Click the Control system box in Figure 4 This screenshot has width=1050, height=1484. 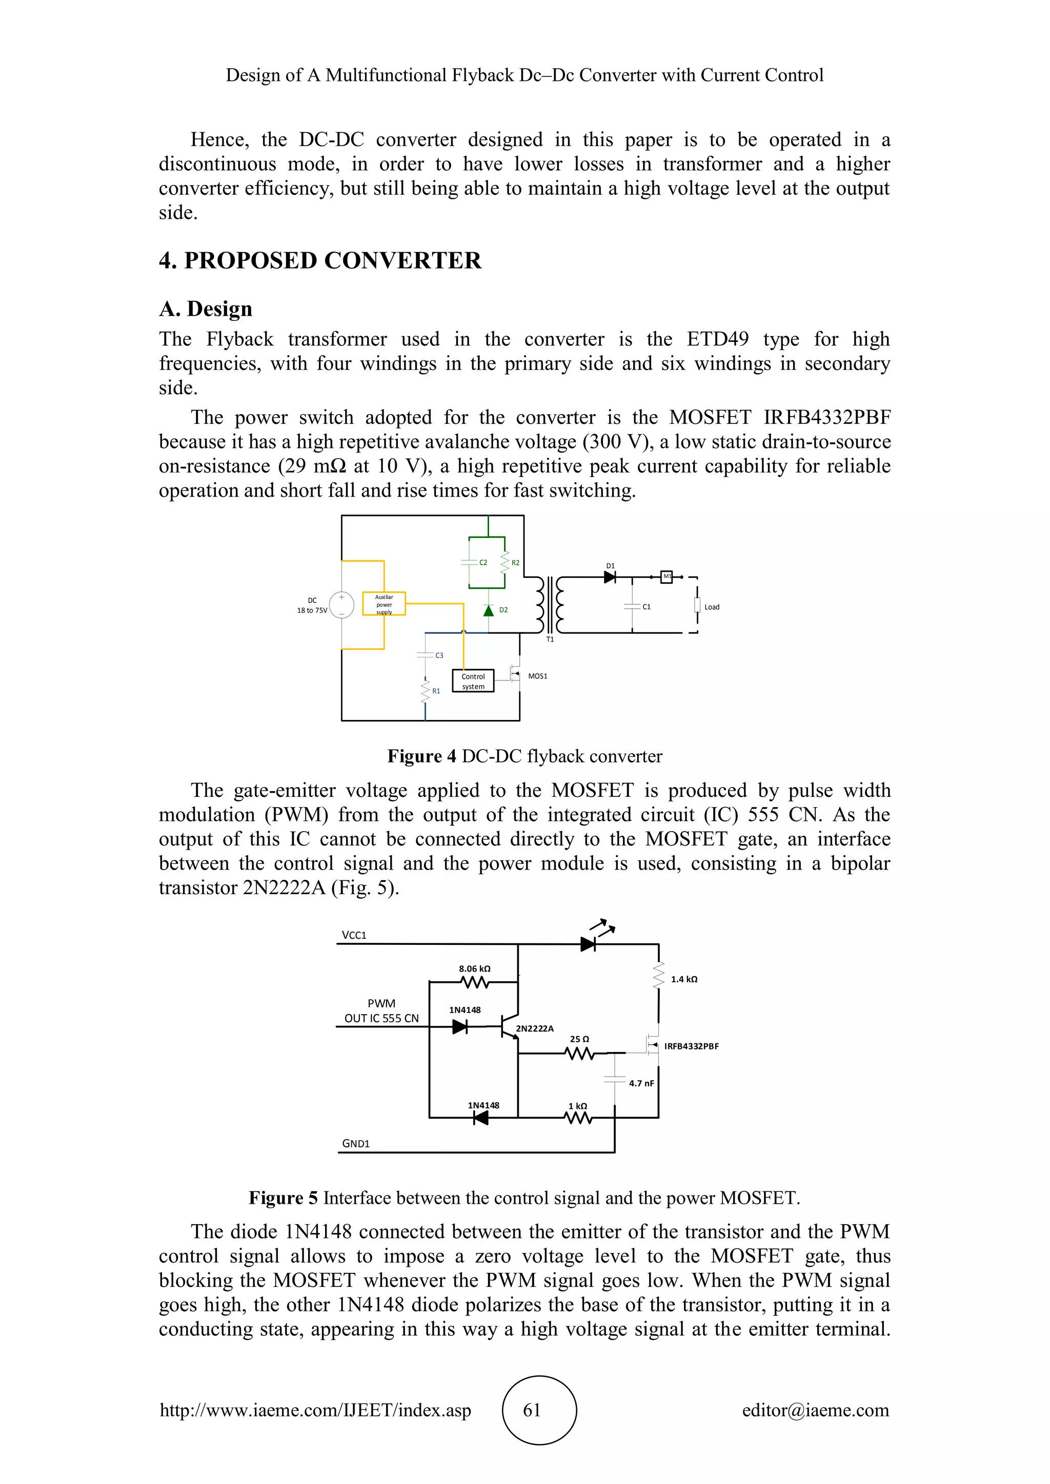(x=473, y=681)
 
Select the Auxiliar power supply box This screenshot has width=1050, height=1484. (x=384, y=604)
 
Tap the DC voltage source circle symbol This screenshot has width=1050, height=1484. (x=341, y=605)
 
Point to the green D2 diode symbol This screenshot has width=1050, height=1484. (x=489, y=610)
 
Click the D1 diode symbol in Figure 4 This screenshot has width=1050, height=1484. (x=609, y=577)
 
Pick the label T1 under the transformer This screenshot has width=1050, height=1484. (x=550, y=639)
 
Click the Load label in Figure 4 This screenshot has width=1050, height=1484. (x=711, y=607)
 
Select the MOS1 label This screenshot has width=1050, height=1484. (x=537, y=676)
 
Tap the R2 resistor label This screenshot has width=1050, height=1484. (x=515, y=563)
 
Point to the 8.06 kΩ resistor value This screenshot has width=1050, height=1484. (x=475, y=968)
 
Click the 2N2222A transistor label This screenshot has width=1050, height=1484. (x=534, y=1028)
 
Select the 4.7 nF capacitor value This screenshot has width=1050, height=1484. (x=641, y=1083)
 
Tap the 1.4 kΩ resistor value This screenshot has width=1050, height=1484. (x=683, y=979)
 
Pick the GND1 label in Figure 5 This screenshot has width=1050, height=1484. (x=356, y=1143)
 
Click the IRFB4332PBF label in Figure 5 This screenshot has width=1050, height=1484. (x=691, y=1046)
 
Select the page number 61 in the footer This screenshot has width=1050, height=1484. (x=532, y=1410)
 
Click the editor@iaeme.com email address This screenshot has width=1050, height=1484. (x=815, y=1410)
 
